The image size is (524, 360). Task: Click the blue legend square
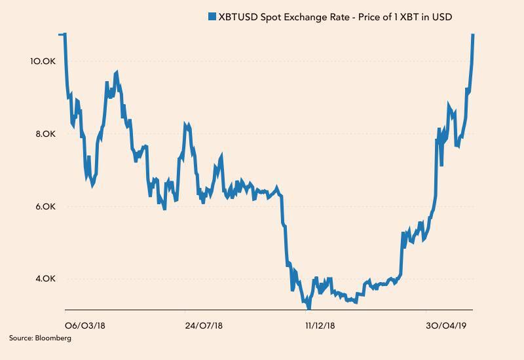[x=212, y=16]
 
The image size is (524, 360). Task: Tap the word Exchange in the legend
[x=314, y=16]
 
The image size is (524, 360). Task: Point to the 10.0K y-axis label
[x=43, y=61]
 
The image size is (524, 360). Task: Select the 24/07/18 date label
[x=204, y=325]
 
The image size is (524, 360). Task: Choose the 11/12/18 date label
[x=320, y=325]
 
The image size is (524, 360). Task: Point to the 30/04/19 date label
[x=445, y=325]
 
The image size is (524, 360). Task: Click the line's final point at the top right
[x=473, y=34]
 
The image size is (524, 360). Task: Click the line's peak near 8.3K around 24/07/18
[x=186, y=124]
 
